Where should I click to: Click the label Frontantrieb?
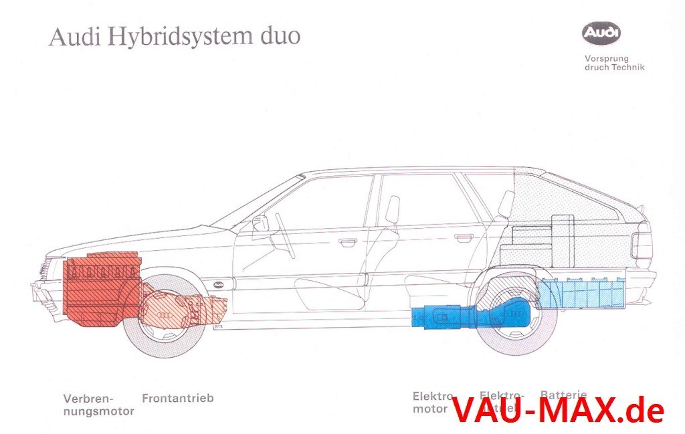click(178, 399)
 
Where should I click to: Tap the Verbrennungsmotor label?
click(98, 405)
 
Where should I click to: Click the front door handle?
click(348, 241)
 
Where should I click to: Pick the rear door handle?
click(463, 237)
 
